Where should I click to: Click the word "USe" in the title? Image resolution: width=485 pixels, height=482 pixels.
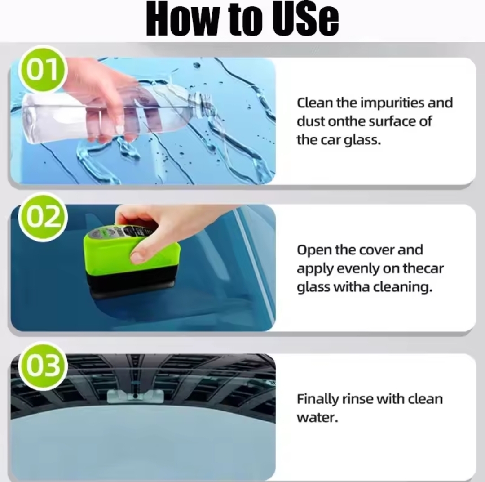pos(306,19)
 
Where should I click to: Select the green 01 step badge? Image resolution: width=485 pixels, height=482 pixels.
pos(42,69)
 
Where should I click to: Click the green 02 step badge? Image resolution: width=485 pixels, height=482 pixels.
pos(42,216)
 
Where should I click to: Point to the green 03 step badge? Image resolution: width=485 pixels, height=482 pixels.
pos(42,366)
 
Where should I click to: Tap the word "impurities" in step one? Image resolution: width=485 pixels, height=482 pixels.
pos(392,103)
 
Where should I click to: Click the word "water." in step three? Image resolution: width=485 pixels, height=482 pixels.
pos(317,418)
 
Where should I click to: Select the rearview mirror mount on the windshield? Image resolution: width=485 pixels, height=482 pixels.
pos(135,396)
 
